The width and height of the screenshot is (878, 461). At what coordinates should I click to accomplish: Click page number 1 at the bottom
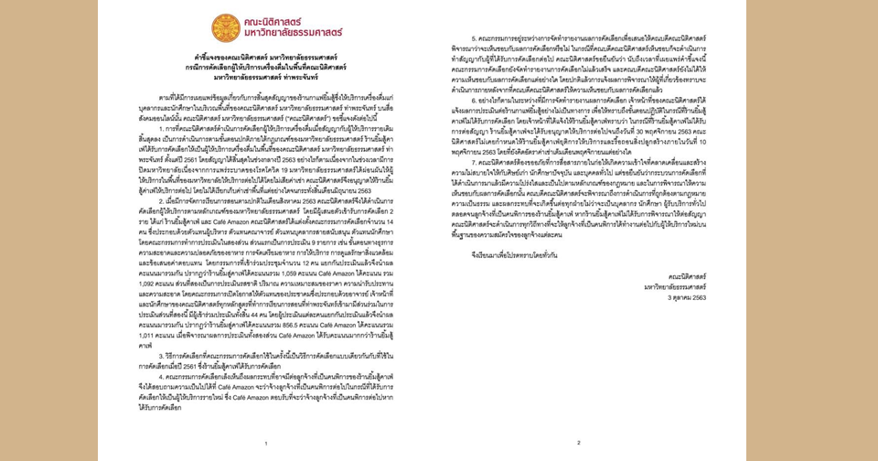coord(265,444)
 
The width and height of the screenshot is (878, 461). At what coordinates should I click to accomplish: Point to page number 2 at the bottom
coord(578,444)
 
